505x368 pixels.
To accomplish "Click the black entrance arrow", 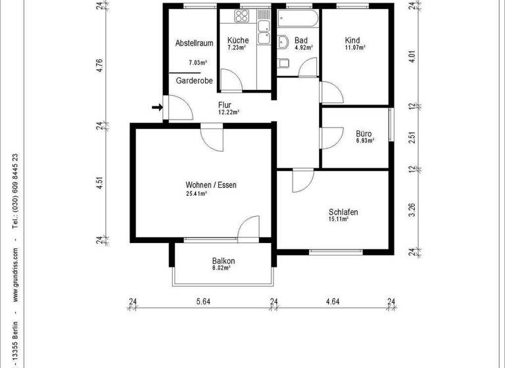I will click(156, 108).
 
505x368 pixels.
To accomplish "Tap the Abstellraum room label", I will click(194, 43).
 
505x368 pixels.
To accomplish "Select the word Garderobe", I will click(194, 81).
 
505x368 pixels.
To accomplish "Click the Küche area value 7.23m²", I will click(237, 48).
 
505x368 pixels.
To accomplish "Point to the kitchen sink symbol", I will click(264, 27).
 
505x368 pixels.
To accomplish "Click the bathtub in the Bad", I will click(298, 16).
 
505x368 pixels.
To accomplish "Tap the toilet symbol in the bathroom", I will click(283, 64).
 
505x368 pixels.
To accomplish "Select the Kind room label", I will click(352, 40).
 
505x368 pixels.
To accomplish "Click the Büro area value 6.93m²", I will click(364, 141).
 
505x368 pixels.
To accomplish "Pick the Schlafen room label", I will click(343, 212).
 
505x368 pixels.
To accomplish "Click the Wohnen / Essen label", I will click(210, 185).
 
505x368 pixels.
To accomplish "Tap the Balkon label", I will click(223, 261).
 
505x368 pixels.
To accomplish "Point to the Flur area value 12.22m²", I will click(229, 112).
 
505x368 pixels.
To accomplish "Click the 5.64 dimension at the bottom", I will click(204, 302).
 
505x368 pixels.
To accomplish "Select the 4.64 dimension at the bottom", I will click(333, 302).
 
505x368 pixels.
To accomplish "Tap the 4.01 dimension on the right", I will click(412, 55).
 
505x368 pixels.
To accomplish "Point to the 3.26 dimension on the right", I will click(412, 210).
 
